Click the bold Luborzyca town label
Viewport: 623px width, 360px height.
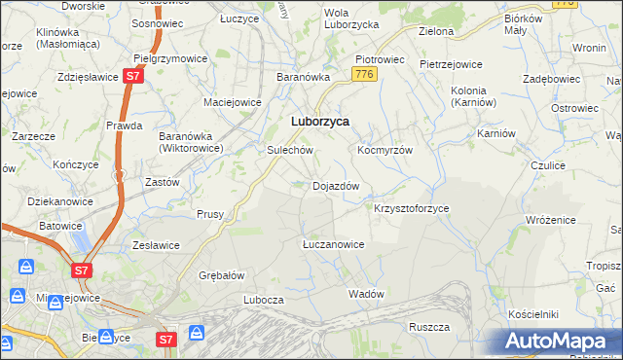320,122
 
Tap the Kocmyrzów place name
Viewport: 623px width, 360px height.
385,151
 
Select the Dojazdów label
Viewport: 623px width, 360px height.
336,186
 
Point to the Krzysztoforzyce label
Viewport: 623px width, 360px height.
412,208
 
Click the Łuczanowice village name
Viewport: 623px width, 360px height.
333,244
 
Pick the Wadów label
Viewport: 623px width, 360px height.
367,294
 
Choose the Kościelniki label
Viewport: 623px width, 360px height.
532,315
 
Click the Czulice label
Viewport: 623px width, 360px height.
548,166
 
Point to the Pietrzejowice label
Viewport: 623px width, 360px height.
451,64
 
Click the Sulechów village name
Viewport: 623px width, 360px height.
290,151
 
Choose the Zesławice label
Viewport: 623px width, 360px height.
151,245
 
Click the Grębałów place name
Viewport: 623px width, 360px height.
221,275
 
